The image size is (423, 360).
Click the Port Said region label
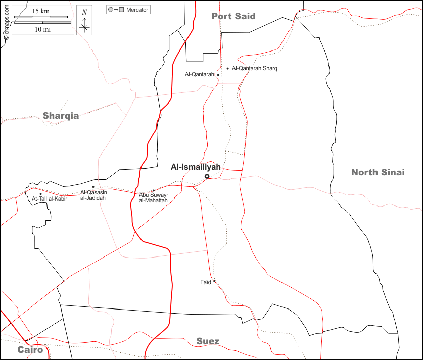(233, 16)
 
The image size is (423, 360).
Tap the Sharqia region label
(61, 116)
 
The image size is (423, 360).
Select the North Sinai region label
(378, 172)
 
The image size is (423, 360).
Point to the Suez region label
(208, 342)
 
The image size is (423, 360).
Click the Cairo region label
(30, 350)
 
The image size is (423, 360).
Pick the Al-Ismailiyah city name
(196, 167)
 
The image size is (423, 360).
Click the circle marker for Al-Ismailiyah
(207, 176)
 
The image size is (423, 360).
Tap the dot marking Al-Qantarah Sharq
(228, 68)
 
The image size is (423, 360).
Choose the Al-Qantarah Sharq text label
(255, 68)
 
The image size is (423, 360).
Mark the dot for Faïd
(214, 281)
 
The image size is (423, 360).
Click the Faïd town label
(205, 282)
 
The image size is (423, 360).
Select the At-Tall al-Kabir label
(49, 199)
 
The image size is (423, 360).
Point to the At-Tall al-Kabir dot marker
(40, 194)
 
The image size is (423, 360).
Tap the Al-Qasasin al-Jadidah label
(93, 195)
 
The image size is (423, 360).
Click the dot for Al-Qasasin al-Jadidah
(93, 187)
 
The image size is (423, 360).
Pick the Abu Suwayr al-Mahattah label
(153, 197)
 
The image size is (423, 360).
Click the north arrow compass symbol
(84, 21)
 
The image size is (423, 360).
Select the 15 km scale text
(41, 11)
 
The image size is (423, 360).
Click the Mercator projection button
(128, 10)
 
